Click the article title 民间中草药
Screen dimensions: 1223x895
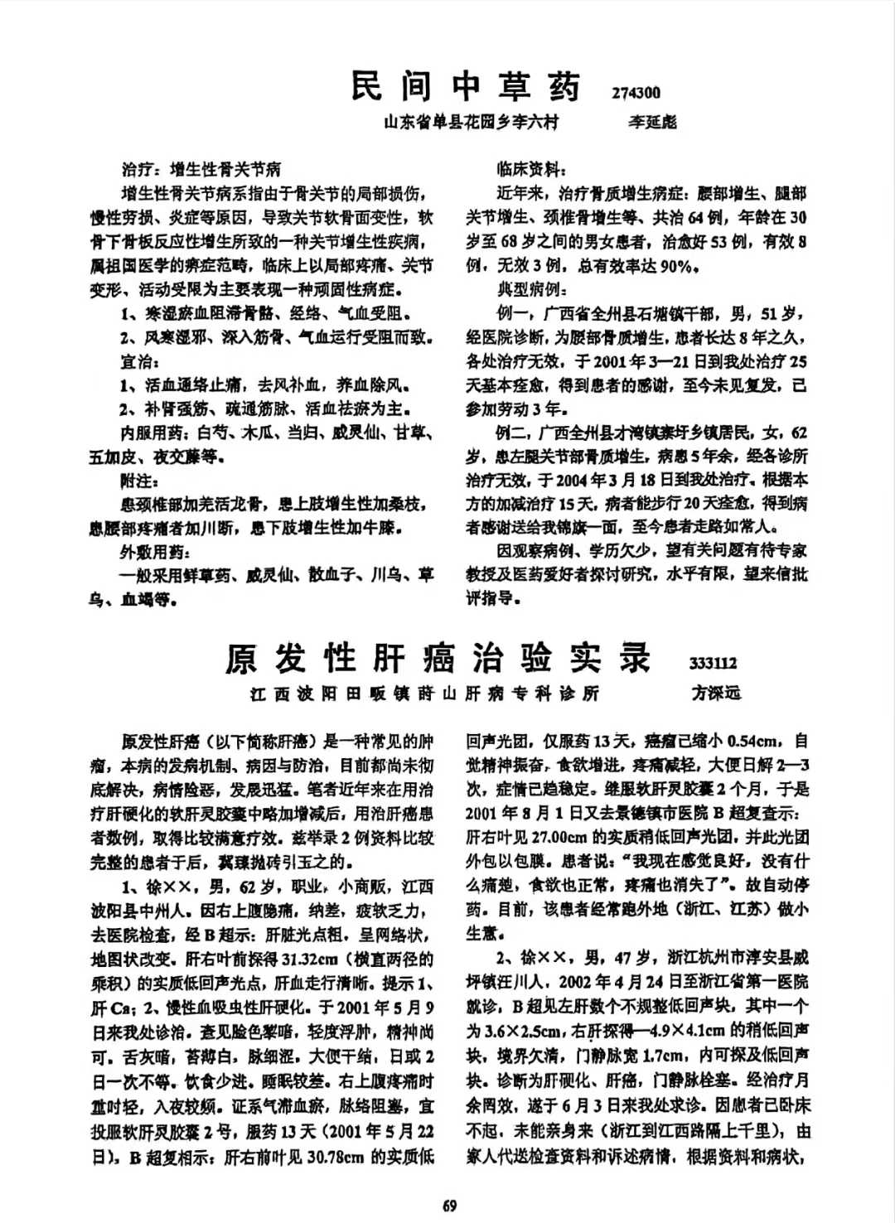(466, 87)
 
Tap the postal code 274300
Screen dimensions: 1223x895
(636, 93)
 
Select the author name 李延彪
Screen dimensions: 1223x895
(652, 123)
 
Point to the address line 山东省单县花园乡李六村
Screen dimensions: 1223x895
(471, 123)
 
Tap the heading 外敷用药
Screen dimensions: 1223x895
(155, 552)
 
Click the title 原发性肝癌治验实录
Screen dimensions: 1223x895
(438, 659)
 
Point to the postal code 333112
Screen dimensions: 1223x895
(713, 664)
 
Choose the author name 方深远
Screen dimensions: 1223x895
(716, 694)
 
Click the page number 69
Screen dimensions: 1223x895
(449, 1206)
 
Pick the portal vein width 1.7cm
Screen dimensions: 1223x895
(662, 1055)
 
